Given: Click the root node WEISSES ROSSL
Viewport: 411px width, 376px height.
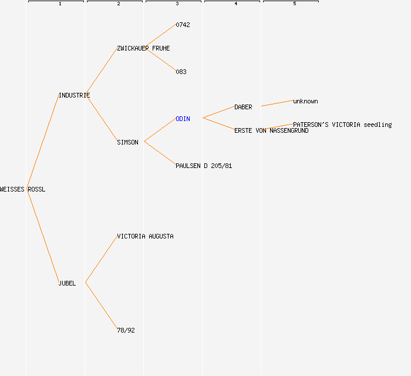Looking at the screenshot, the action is [x=22, y=189].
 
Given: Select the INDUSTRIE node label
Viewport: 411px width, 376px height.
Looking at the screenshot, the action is [x=74, y=95].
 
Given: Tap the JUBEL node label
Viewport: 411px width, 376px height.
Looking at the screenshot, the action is [x=67, y=283].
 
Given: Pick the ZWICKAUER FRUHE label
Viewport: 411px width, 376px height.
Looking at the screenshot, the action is [x=143, y=49].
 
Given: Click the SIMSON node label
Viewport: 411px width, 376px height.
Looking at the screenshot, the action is [x=127, y=142].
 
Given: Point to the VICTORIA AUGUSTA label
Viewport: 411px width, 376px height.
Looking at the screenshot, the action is [x=145, y=237].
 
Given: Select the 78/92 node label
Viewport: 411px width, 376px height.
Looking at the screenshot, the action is [x=126, y=330].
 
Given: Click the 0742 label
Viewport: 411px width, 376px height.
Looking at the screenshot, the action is [x=183, y=25].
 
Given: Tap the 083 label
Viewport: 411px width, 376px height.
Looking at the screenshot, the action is [x=181, y=72].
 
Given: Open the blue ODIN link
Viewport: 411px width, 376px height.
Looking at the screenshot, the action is [x=183, y=119].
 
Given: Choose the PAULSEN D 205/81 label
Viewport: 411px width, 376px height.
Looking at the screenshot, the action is [x=204, y=166].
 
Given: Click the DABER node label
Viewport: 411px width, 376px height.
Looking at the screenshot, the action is [x=243, y=108].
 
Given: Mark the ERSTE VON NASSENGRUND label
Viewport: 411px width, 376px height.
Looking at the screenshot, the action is [x=271, y=130].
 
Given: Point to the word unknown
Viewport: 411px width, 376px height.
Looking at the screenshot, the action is [x=305, y=102].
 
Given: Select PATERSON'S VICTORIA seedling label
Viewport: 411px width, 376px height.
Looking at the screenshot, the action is [x=342, y=125].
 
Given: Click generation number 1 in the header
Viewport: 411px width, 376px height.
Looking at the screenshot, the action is [x=60, y=4].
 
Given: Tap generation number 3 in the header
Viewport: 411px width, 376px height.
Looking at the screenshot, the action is [x=177, y=4].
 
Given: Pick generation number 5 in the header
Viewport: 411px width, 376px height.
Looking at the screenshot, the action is [x=295, y=4].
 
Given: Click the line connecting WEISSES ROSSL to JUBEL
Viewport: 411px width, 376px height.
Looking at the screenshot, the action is [x=43, y=236].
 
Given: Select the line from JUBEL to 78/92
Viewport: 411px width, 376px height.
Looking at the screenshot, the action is [x=102, y=305].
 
